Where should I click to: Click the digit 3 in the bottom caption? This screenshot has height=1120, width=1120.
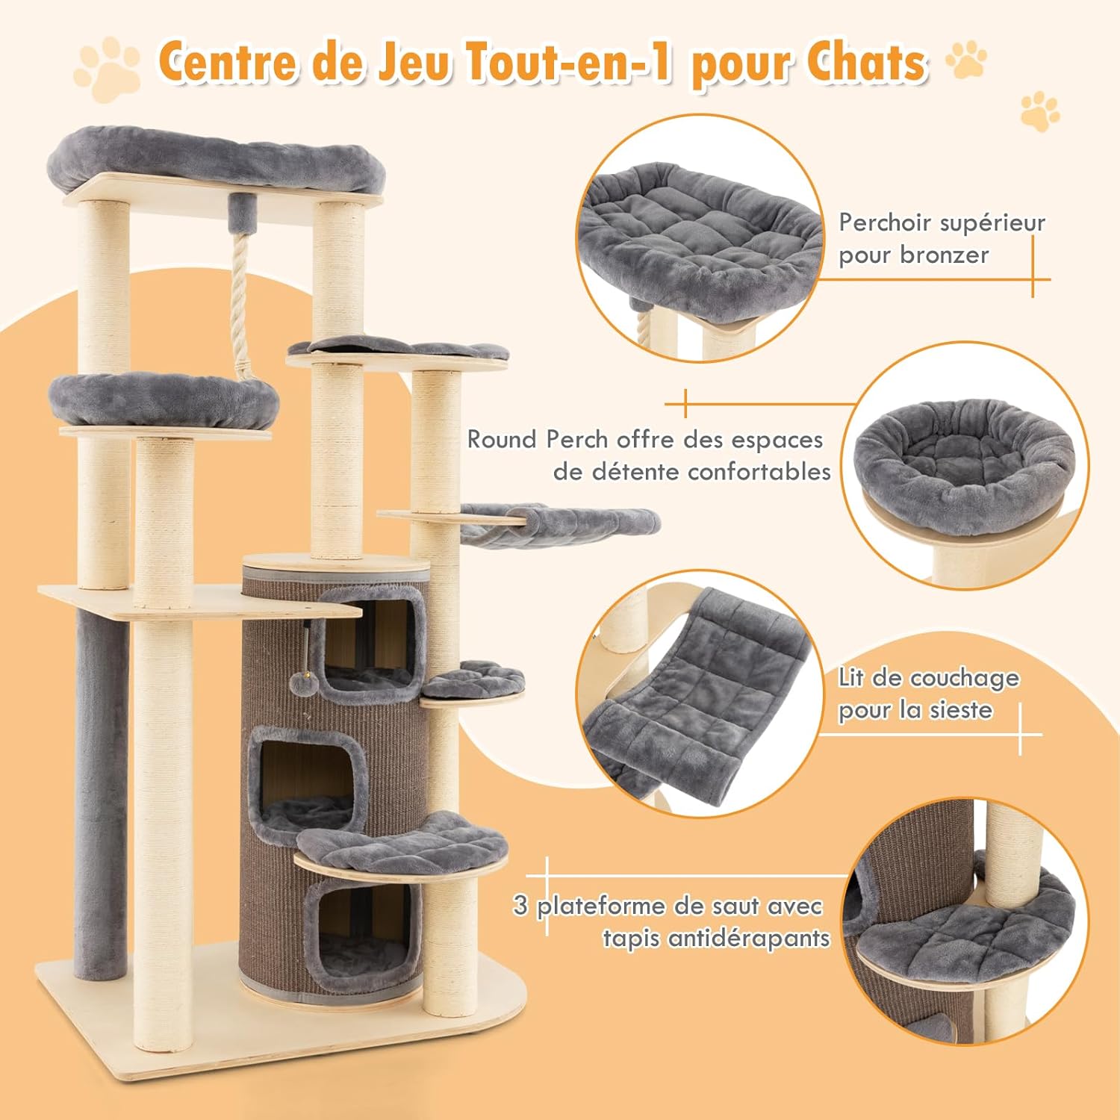tap(521, 906)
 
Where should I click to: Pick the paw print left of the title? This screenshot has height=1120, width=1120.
tap(107, 66)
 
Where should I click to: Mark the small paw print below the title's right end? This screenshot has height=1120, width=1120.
tap(1039, 112)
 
